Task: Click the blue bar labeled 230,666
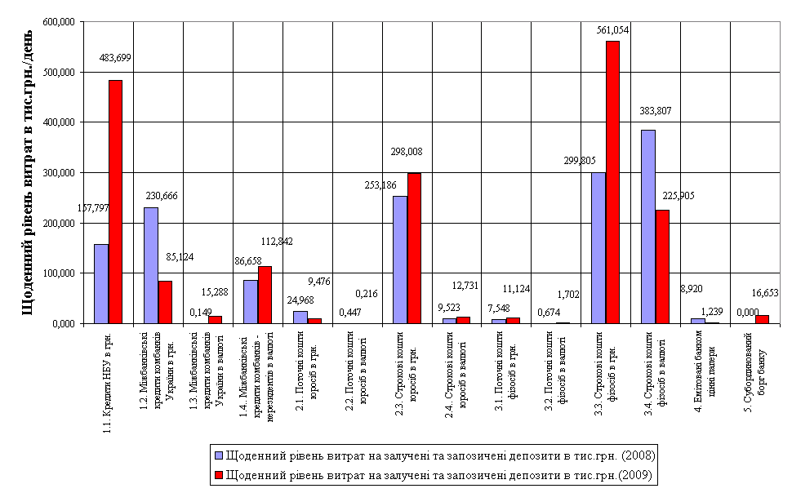151,265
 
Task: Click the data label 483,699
115,58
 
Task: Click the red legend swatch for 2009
218,474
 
